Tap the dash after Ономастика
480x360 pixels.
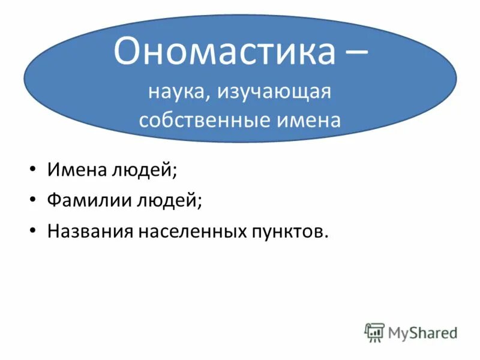353,53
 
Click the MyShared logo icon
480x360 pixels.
374,332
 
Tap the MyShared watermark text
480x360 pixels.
422,332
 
